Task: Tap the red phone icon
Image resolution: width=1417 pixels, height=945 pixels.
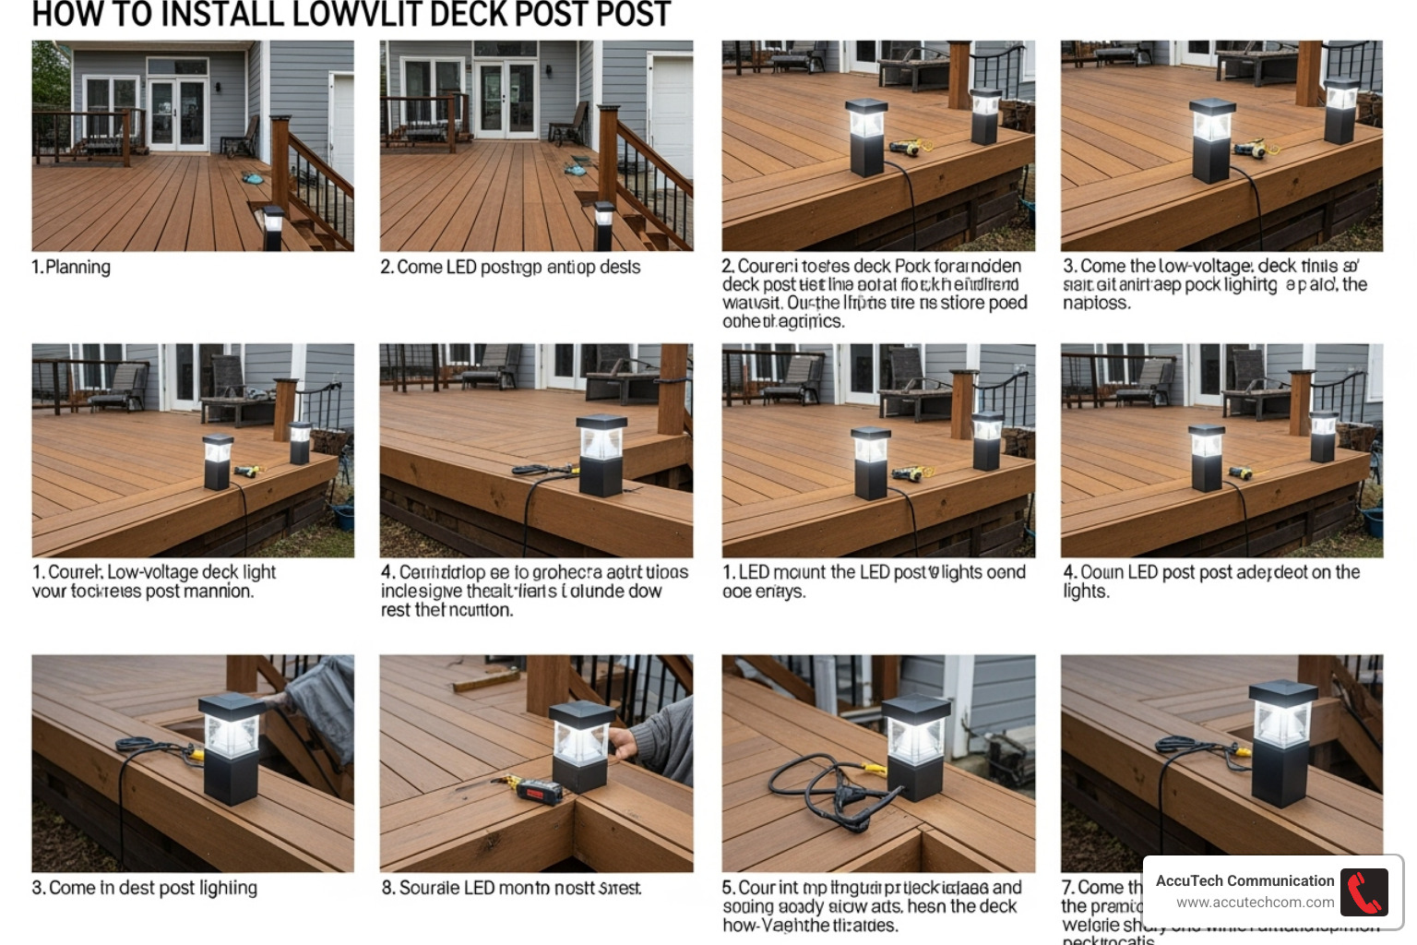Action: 1363,891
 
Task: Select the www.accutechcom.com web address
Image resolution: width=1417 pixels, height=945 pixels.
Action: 1255,903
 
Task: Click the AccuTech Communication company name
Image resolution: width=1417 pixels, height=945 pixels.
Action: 1244,881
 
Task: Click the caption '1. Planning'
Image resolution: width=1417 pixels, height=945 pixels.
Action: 71,268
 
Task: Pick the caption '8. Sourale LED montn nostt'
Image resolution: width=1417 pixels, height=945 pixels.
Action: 511,888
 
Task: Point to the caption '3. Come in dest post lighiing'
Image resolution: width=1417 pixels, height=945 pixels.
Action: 144,888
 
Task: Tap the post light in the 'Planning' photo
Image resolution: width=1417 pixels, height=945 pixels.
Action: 273,227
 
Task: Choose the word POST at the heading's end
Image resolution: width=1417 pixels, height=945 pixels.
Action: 633,15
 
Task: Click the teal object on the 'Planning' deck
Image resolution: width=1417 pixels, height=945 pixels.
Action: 250,176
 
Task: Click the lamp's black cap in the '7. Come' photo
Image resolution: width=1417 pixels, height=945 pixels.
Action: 1282,693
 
